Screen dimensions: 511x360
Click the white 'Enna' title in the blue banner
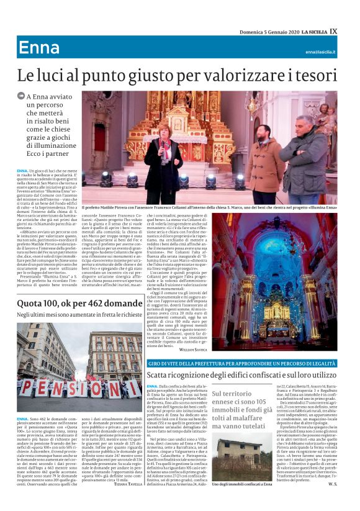click(39, 48)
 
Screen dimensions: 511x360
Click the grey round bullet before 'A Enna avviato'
click(21, 97)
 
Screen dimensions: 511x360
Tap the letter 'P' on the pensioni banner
click(29, 388)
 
